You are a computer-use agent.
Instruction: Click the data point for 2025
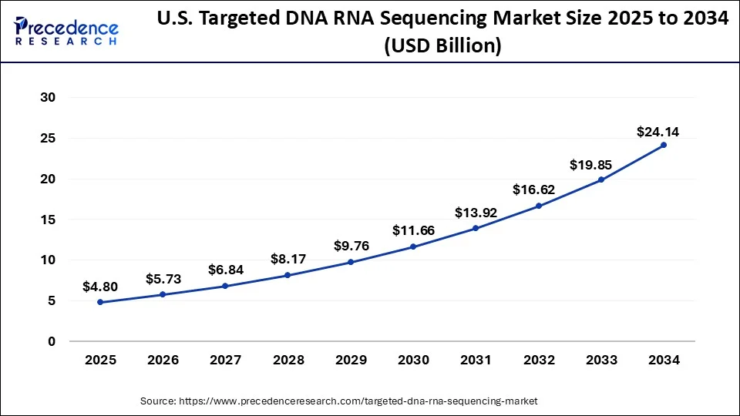[100, 302]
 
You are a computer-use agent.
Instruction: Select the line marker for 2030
[413, 247]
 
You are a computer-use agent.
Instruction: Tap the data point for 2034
[664, 145]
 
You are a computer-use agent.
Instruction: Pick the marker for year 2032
[538, 206]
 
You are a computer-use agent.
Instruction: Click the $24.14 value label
[658, 132]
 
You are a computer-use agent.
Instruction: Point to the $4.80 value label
[100, 287]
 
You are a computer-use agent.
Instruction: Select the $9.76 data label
[351, 246]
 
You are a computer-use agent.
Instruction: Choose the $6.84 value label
[225, 270]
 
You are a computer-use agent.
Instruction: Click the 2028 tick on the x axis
[288, 360]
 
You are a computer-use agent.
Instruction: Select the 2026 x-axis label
[163, 360]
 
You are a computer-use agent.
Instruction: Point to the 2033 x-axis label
[601, 360]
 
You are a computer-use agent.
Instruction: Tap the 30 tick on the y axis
[49, 98]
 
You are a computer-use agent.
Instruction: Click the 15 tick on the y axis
[49, 220]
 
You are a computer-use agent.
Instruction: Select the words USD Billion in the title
[442, 46]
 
